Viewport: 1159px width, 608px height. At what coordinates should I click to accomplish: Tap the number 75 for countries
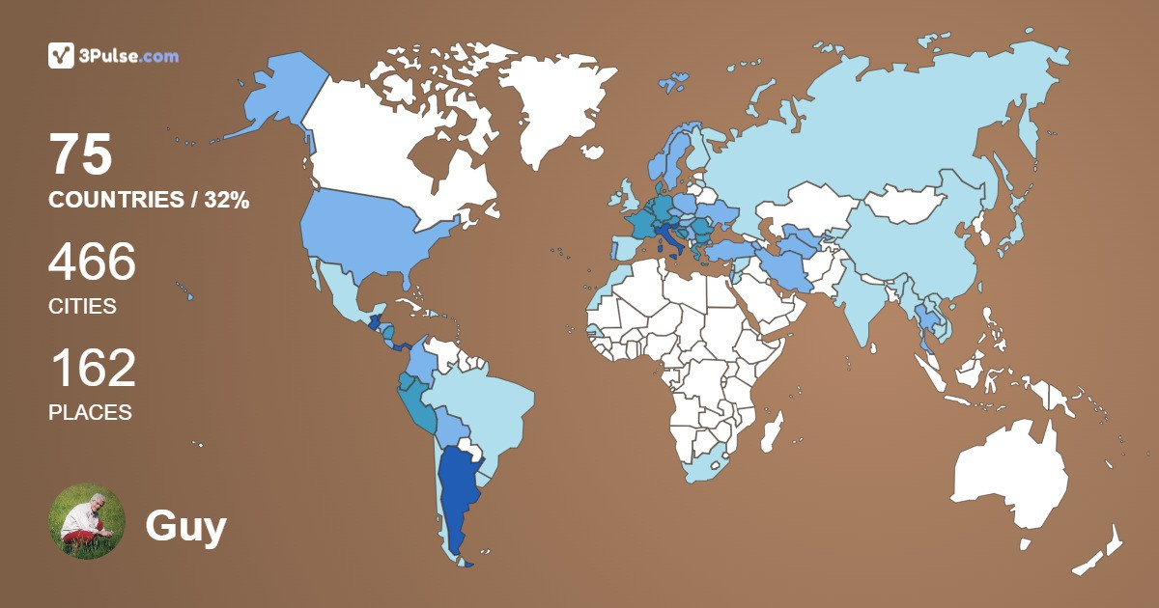point(81,154)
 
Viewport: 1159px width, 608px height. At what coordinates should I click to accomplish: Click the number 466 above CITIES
point(92,262)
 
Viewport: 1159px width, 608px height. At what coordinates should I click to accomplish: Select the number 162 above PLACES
point(92,369)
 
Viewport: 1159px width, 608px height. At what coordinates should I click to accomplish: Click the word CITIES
point(82,307)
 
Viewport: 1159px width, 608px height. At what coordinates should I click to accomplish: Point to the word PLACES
point(90,412)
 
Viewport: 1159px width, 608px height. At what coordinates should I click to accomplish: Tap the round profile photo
point(87,521)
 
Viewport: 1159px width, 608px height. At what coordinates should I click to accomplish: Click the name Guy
point(185,526)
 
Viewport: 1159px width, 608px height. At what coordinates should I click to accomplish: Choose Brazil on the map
point(483,405)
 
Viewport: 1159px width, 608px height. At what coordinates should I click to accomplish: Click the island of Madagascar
point(771,431)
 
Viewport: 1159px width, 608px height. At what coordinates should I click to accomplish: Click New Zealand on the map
point(1101,550)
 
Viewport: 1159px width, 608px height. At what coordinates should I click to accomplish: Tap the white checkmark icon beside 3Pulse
point(61,56)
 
